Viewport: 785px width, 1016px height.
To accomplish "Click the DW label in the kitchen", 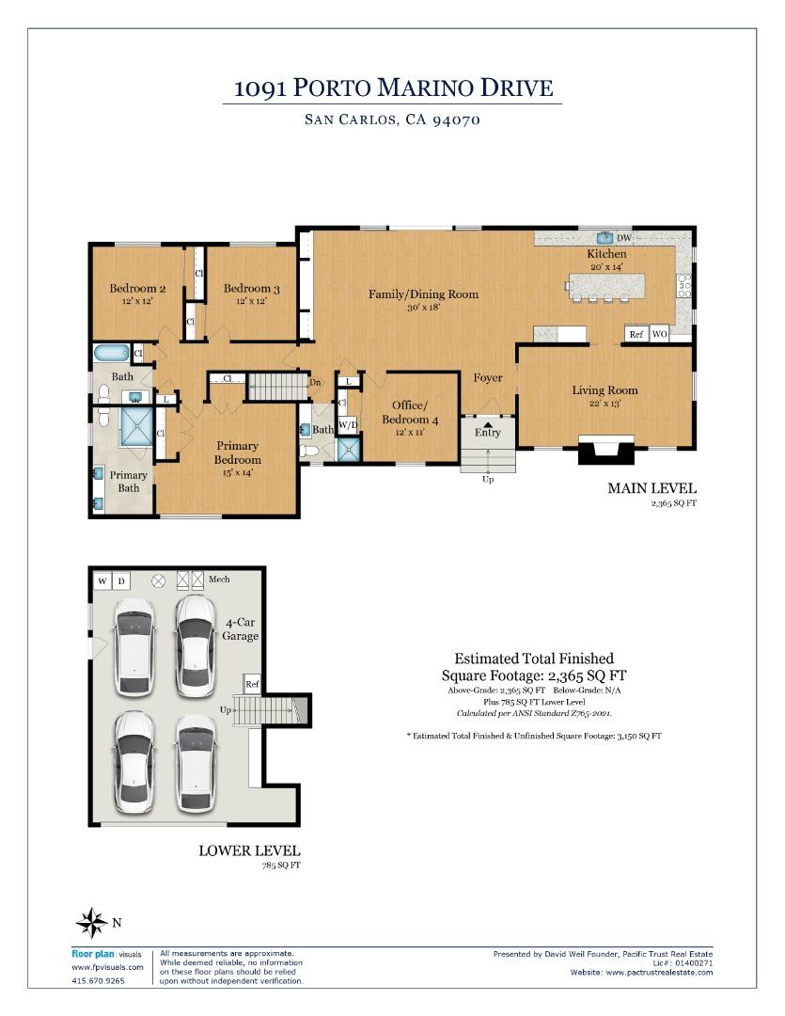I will click(x=624, y=239).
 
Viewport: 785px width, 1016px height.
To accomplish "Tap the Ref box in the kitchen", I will click(x=636, y=334).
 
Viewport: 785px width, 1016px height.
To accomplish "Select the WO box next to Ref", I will click(x=660, y=334).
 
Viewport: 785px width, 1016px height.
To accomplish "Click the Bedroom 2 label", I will click(x=137, y=289).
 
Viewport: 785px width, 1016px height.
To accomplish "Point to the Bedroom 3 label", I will click(x=251, y=289).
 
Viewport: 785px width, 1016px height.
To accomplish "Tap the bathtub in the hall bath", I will click(x=111, y=355).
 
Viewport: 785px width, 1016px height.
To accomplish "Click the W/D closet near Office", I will click(x=348, y=424).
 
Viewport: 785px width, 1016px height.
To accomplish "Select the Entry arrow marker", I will click(x=488, y=422).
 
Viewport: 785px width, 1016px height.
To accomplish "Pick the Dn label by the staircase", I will click(x=316, y=382).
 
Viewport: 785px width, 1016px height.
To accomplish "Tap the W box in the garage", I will click(x=102, y=580).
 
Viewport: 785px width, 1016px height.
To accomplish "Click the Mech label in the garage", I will click(x=219, y=579).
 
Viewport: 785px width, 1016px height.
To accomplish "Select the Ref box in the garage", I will click(x=252, y=685).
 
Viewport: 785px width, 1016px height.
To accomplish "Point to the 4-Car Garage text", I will click(x=242, y=629).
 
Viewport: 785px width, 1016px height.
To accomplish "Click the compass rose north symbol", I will click(x=91, y=922).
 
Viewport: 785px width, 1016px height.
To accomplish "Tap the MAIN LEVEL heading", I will click(x=652, y=488).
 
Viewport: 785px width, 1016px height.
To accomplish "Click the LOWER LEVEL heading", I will click(x=249, y=850).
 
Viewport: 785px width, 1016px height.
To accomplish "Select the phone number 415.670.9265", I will click(x=98, y=980).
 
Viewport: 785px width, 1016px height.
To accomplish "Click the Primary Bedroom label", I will click(x=237, y=452).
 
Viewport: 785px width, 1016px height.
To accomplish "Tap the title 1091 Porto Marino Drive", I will click(x=393, y=89).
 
